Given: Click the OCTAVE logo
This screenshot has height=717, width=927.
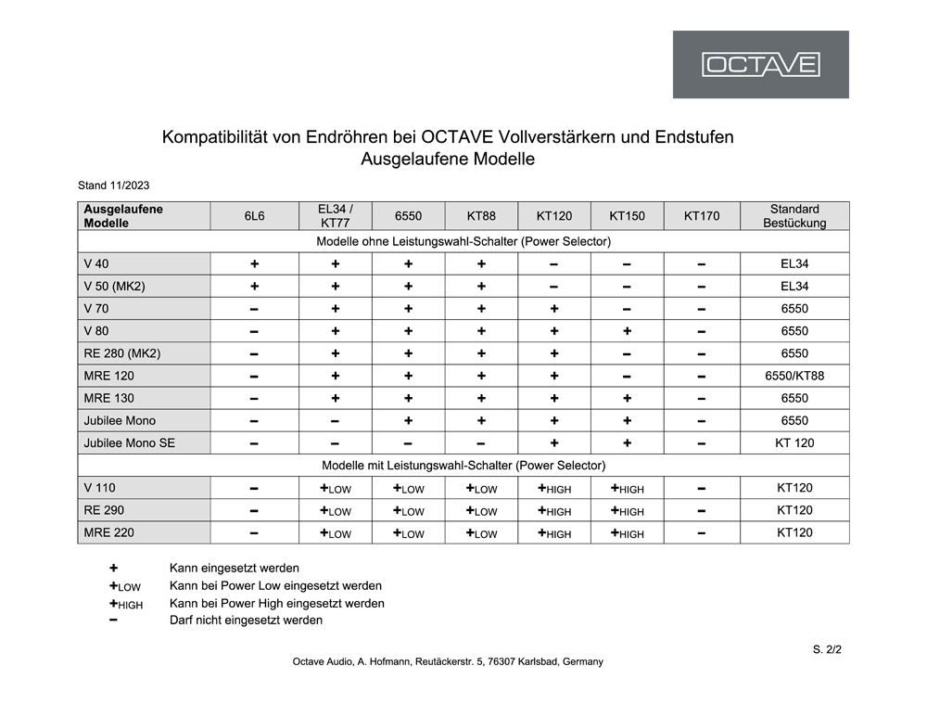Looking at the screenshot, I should [x=760, y=65].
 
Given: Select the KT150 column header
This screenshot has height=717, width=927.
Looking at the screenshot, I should [x=627, y=216].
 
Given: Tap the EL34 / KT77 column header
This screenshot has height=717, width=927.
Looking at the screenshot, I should [x=335, y=216].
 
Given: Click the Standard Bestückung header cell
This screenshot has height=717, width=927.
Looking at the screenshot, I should [x=794, y=216].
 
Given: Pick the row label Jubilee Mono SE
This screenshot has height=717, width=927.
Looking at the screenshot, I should [x=129, y=443].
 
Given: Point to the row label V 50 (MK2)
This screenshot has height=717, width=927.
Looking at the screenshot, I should [x=115, y=287].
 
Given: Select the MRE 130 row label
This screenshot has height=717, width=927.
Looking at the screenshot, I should [x=108, y=399].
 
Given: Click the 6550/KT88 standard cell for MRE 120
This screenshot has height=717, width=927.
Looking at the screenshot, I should [x=794, y=376].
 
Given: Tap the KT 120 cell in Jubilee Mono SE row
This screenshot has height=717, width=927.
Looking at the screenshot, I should [x=794, y=443].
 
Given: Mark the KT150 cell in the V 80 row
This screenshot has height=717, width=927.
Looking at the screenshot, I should [x=627, y=331].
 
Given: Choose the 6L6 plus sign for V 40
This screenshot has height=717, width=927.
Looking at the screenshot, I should [x=254, y=264].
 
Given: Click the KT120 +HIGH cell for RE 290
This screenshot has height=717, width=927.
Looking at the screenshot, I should [x=553, y=511].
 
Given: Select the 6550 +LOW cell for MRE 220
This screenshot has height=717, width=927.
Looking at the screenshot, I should [x=408, y=533].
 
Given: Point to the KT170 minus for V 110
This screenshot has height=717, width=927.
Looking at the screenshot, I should [x=702, y=489].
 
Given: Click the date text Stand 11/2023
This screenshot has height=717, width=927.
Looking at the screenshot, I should [x=114, y=186].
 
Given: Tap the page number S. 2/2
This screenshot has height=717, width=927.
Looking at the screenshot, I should [x=827, y=649].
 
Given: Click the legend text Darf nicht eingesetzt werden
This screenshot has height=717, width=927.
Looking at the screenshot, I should [x=246, y=621].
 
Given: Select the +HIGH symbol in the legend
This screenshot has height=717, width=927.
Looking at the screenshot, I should [x=125, y=604].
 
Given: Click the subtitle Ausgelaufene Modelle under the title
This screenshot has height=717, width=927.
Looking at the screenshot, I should [x=448, y=160].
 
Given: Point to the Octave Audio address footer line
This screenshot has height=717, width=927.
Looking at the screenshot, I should [x=448, y=662].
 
